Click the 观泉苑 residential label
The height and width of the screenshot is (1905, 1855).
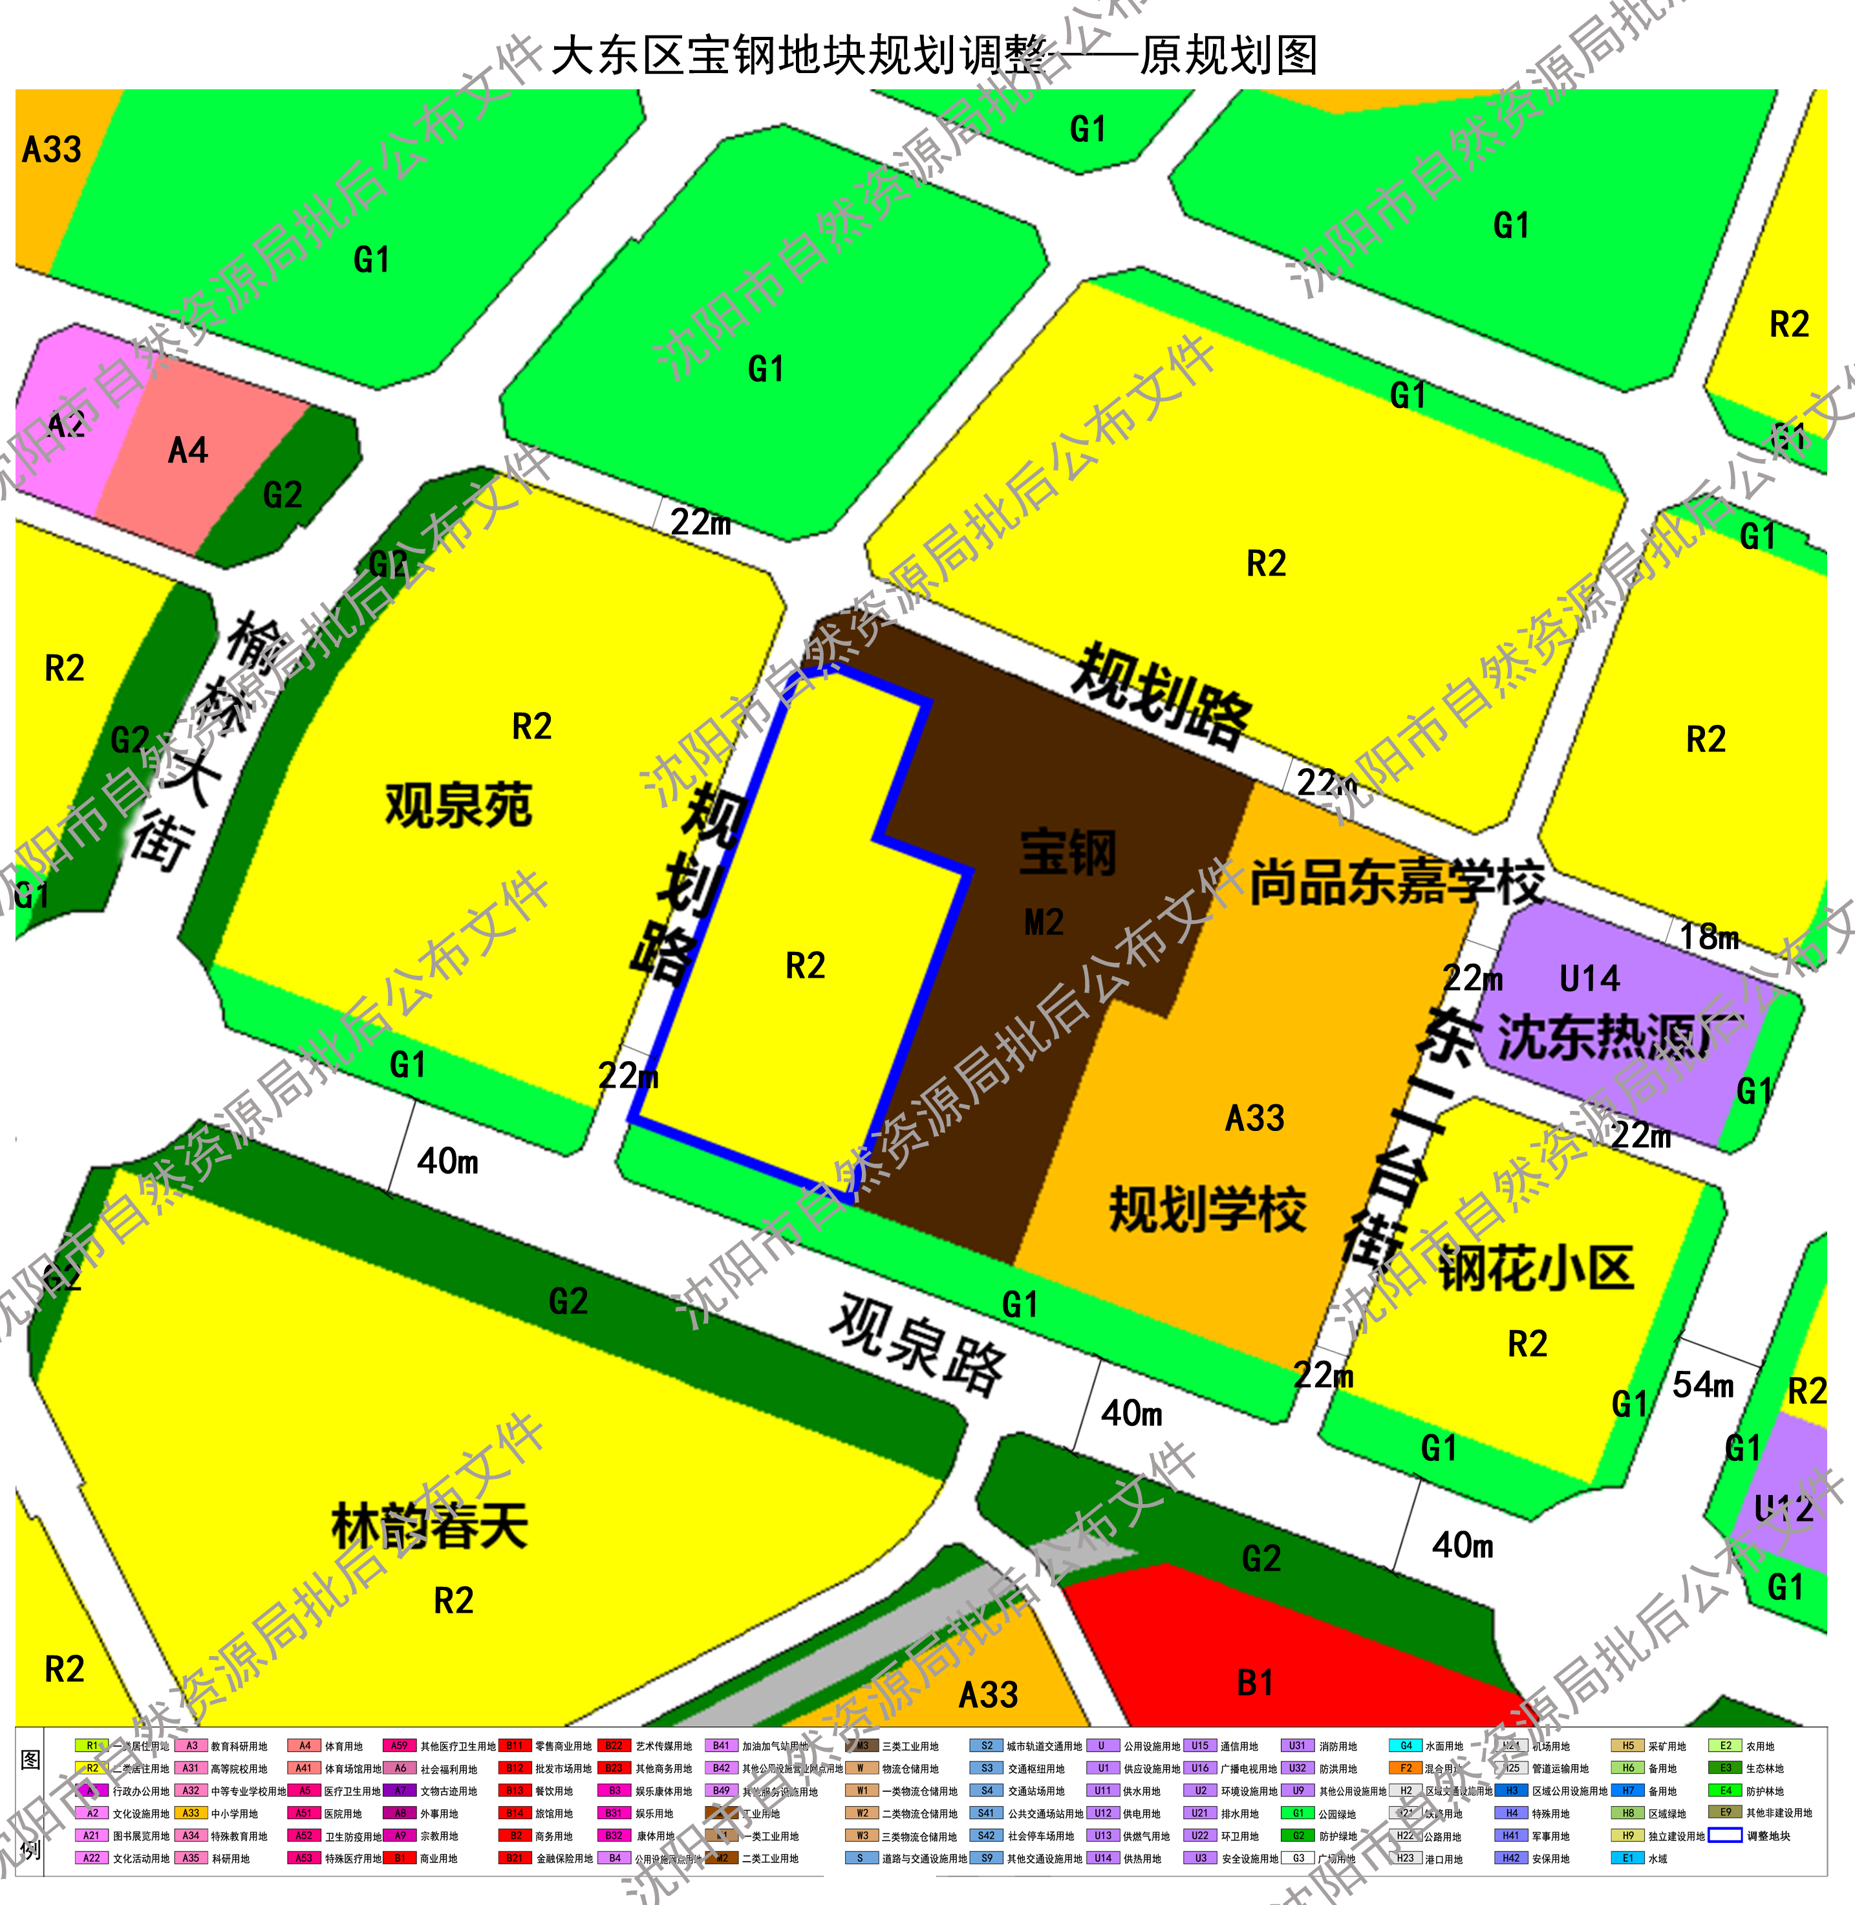coord(458,805)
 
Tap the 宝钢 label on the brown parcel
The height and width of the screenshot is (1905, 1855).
coord(1067,853)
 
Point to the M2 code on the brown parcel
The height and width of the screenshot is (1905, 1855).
coord(1044,922)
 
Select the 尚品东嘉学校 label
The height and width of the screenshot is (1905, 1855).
coord(1396,883)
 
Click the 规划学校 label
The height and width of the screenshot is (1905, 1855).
coord(1207,1209)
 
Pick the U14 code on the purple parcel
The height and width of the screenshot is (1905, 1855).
coord(1589,978)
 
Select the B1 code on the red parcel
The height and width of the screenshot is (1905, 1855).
coord(1255,1683)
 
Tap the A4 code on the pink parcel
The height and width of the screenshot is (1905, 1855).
coord(188,450)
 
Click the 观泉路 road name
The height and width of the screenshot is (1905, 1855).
coord(916,1345)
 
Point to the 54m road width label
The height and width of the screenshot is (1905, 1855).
coord(1703,1384)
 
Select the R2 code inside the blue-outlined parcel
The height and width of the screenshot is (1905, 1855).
coord(805,965)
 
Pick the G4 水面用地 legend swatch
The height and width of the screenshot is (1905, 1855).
coord(1405,1745)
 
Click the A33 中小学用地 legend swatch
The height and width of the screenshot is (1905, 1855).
coord(191,1813)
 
